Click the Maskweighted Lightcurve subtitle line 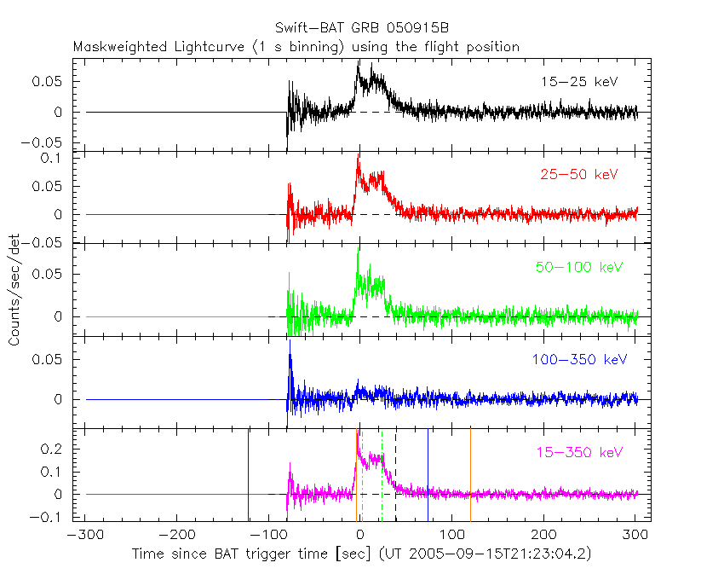[296, 47]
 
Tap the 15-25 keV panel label [578, 82]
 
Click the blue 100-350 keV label [579, 360]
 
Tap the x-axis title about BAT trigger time [361, 554]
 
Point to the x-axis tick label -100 [267, 535]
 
